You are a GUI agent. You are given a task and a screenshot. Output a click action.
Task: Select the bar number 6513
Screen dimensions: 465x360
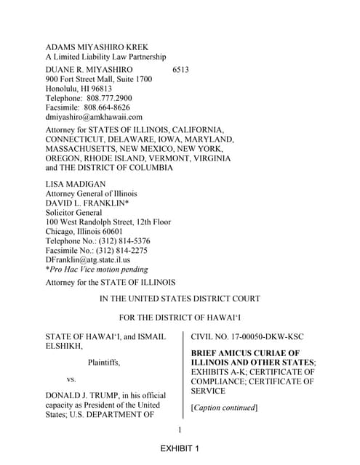click(x=181, y=69)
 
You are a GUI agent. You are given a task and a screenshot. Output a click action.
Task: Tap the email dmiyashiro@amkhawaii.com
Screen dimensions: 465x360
click(x=94, y=116)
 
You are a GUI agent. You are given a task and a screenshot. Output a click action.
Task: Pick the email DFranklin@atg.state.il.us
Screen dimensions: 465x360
click(x=88, y=259)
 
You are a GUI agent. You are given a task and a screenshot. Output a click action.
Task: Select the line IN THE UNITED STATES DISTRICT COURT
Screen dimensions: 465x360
click(x=180, y=299)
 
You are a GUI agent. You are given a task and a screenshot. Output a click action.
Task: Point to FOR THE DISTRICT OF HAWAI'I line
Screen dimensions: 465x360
click(x=180, y=318)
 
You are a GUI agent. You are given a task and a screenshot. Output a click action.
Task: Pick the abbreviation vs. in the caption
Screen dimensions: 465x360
click(x=71, y=379)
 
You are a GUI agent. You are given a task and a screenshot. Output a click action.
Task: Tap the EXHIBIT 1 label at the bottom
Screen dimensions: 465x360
click(x=180, y=449)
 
